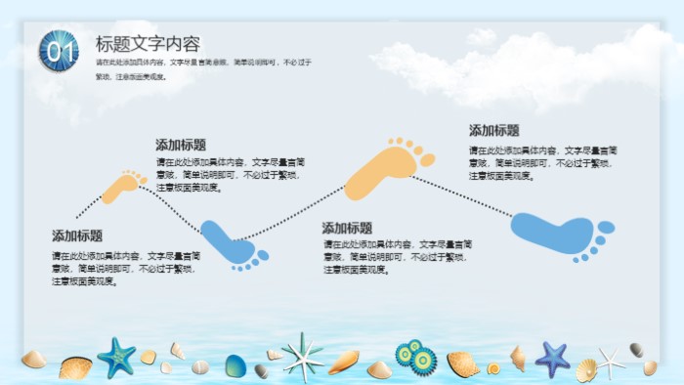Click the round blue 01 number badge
point(59,49)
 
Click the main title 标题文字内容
point(148,44)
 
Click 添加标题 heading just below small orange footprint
point(77,235)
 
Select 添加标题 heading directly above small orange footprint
point(181,145)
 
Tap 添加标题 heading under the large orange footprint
point(348,228)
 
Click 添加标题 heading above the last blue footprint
point(494,130)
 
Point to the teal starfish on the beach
point(117,358)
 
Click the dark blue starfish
point(552,359)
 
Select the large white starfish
point(302,356)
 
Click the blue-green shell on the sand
point(235,365)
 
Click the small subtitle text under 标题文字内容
point(203,68)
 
